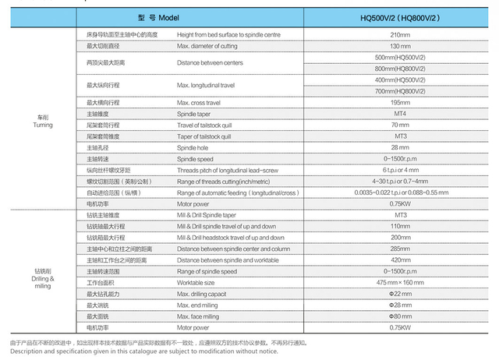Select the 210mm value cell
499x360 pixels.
401,36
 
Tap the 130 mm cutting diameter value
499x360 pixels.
401,47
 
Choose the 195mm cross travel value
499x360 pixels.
401,103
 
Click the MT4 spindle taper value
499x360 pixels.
401,114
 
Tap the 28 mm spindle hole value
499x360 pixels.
401,147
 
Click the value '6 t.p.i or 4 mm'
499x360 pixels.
401,170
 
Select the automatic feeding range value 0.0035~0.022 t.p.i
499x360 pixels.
401,192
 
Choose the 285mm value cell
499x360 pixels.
401,248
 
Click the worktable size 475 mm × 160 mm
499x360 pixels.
401,281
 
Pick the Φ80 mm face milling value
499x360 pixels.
401,316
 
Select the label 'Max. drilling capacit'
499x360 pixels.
207,293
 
